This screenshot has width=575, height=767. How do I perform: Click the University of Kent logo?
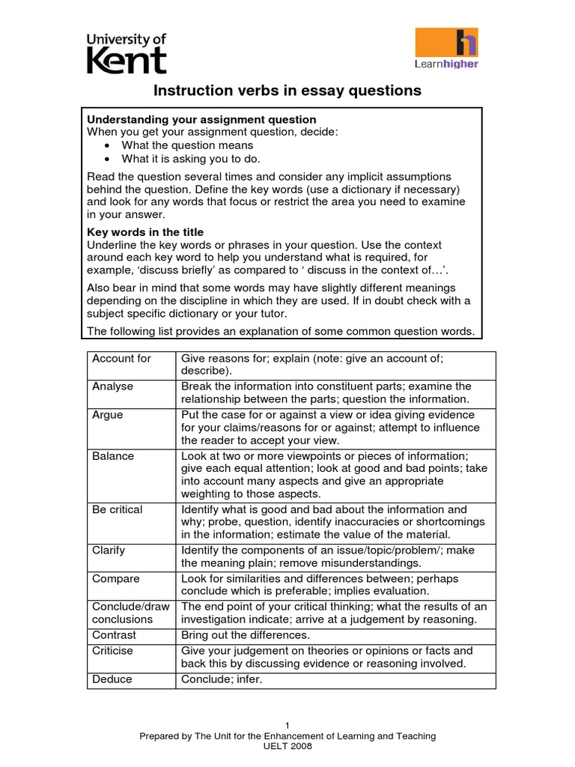click(127, 53)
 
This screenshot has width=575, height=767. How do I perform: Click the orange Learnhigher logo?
click(446, 48)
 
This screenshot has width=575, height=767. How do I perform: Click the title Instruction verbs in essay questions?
click(287, 91)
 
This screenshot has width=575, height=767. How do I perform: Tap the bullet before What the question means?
click(109, 146)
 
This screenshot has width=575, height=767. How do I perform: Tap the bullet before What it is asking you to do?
click(109, 160)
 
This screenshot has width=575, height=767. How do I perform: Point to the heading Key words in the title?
click(145, 232)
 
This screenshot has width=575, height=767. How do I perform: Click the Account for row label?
click(121, 359)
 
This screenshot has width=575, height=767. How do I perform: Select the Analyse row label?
click(112, 386)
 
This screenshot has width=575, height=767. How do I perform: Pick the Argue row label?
click(108, 415)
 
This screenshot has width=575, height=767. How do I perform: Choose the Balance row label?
click(113, 456)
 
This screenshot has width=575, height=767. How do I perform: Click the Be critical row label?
click(117, 510)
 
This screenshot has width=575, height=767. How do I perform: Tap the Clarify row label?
click(109, 551)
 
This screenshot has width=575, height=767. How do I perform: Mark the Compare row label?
click(116, 579)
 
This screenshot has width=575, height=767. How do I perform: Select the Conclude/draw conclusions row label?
click(130, 613)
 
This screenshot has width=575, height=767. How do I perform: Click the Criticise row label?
click(112, 651)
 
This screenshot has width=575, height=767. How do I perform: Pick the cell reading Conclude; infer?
click(222, 679)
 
